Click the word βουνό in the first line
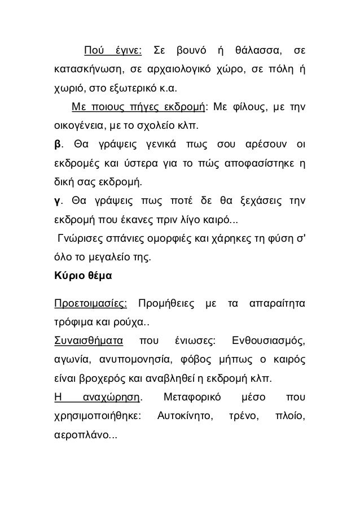188,54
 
